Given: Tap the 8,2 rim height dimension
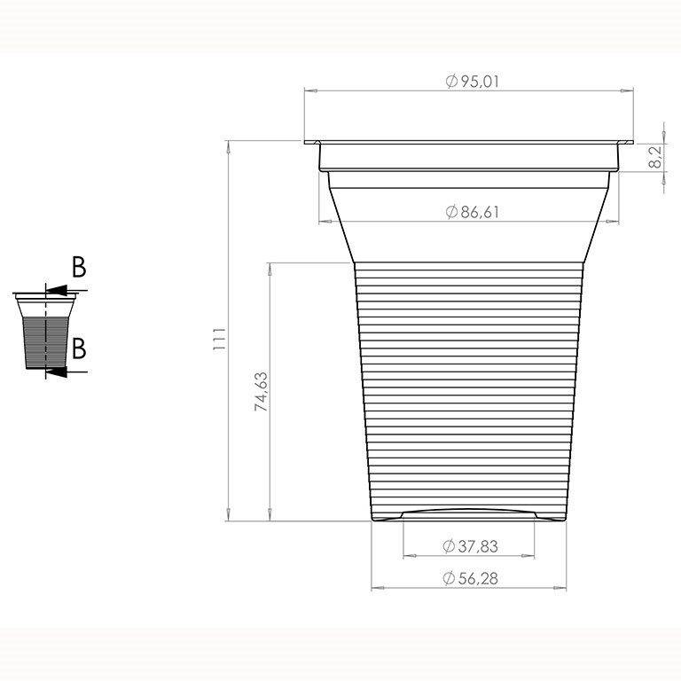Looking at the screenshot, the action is tap(655, 157).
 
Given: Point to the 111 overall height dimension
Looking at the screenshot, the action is tap(219, 340).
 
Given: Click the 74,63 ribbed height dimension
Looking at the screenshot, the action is tap(261, 392).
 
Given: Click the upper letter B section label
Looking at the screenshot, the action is tap(79, 267).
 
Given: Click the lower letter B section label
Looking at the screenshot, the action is tap(79, 348).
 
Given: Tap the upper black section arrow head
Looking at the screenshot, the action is tap(57, 290).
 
